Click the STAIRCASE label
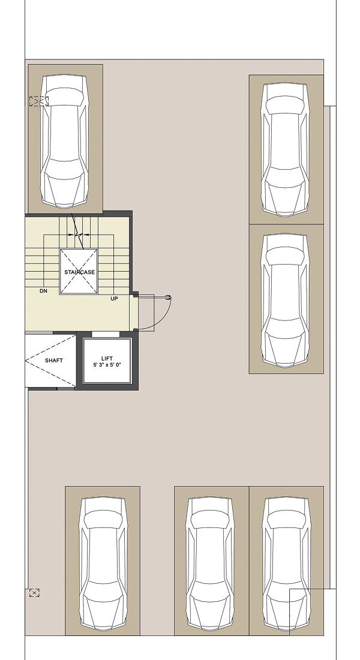[80, 272]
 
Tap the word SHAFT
[54, 361]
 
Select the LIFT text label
[107, 359]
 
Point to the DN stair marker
[43, 291]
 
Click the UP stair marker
[114, 298]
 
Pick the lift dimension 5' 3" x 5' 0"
[107, 365]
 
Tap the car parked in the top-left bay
[65, 141]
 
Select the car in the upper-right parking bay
[285, 149]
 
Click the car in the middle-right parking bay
[285, 299]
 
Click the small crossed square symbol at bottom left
[35, 593]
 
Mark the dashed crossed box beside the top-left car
[39, 101]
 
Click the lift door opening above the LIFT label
[105, 334]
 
